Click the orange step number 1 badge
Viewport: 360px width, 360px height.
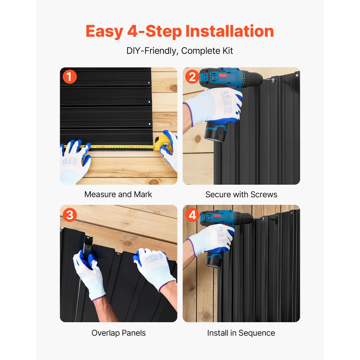69,77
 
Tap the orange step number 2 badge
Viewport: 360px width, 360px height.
192,77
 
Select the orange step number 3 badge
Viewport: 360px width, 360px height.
69,215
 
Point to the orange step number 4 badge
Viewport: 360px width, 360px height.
192,215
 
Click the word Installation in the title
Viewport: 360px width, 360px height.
230,31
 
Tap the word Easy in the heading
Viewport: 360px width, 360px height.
104,31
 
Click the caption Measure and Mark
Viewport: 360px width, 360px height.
118,194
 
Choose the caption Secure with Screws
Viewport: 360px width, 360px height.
241,194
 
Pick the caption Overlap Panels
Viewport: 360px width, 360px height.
118,333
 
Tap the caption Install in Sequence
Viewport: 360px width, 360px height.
241,333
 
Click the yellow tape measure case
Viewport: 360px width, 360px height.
163,143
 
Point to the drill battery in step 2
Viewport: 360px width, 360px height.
215,131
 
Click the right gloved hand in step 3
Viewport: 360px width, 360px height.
154,269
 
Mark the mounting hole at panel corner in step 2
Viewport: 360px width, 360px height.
297,75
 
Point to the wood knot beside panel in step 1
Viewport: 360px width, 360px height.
174,88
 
